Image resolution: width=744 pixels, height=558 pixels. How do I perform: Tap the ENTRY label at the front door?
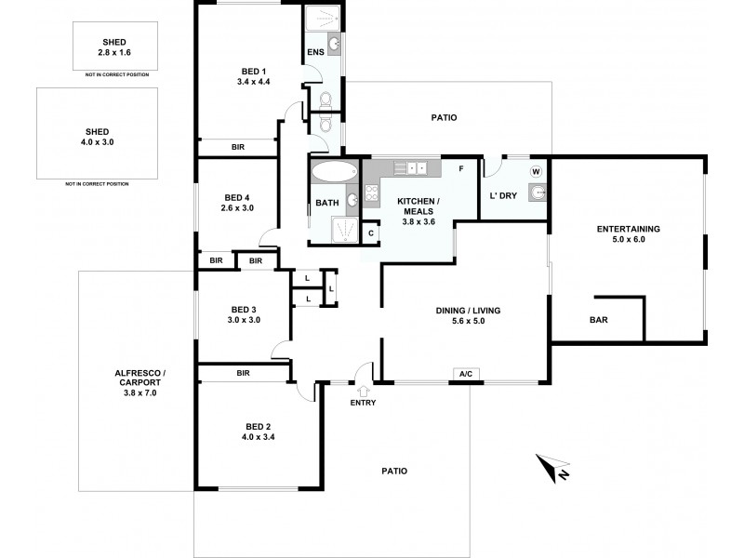pos(363,403)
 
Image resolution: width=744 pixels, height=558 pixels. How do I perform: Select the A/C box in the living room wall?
pos(465,374)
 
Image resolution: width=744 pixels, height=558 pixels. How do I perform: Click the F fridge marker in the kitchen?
pos(459,168)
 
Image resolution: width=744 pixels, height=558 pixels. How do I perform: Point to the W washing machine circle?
pos(536,171)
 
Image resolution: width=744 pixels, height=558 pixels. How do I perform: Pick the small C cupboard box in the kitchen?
pos(370,232)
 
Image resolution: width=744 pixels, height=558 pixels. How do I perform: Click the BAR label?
pos(599,319)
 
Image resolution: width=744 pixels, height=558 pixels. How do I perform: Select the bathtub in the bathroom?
pos(332,172)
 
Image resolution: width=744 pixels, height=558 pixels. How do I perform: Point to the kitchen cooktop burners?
pos(370,193)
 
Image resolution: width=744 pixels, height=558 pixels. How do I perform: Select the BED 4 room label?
pos(238,202)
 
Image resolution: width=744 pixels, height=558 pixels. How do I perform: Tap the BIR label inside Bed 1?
pos(237,147)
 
